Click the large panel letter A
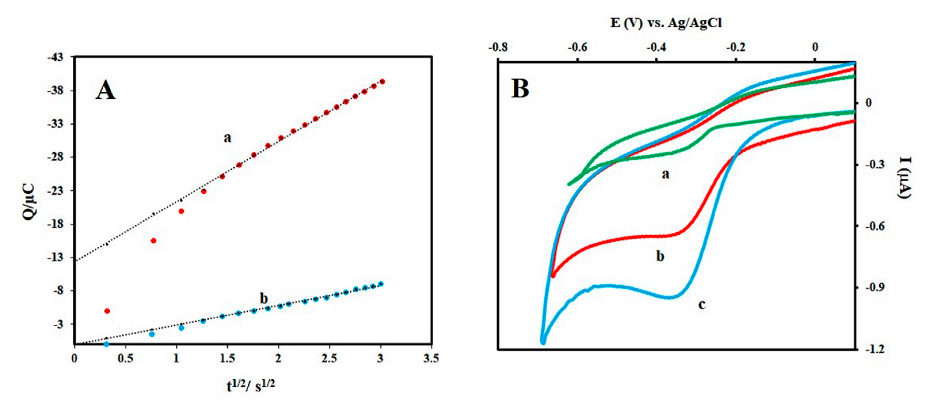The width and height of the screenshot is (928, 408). (x=105, y=90)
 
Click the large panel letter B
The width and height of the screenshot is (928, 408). (x=520, y=89)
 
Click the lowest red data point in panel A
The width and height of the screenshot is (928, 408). (x=107, y=311)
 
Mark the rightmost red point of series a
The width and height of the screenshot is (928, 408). (x=382, y=81)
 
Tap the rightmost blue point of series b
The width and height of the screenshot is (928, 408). (x=381, y=284)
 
